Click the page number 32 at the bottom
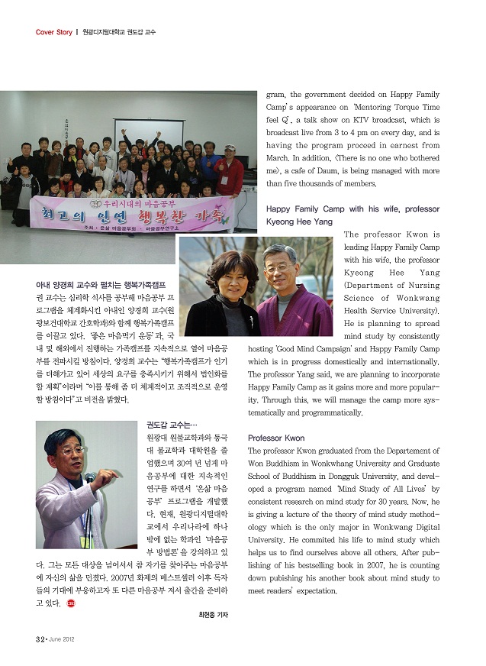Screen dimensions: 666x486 pyautogui.click(x=39, y=638)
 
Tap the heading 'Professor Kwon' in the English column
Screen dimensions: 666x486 pyautogui.click(x=276, y=438)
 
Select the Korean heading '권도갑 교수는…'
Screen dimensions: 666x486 pyautogui.click(x=172, y=424)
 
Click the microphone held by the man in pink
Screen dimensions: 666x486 pyautogui.click(x=90, y=479)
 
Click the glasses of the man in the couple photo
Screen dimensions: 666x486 pyautogui.click(x=278, y=268)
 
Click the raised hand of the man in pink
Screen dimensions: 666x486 pyautogui.click(x=112, y=474)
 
